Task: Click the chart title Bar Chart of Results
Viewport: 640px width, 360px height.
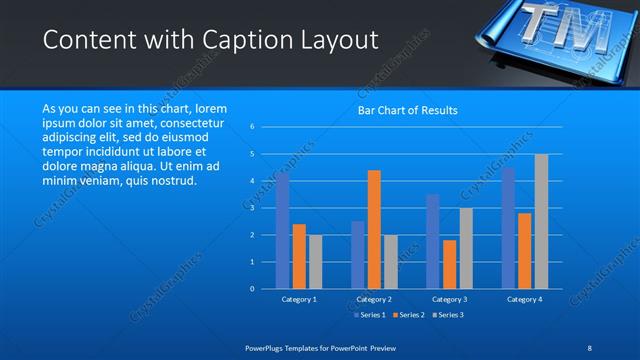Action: coord(407,110)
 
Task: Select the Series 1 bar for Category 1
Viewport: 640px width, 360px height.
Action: coord(283,231)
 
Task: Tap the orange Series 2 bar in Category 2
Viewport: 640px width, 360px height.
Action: coord(374,229)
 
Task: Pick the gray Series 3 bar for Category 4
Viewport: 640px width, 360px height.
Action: coord(541,221)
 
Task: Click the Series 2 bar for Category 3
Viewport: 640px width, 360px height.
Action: coord(450,264)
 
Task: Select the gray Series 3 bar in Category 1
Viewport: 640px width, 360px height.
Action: coord(315,261)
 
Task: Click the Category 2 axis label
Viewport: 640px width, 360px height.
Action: coord(374,299)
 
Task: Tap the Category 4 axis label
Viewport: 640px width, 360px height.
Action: coord(525,299)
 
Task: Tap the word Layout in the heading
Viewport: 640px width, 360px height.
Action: coord(332,40)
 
